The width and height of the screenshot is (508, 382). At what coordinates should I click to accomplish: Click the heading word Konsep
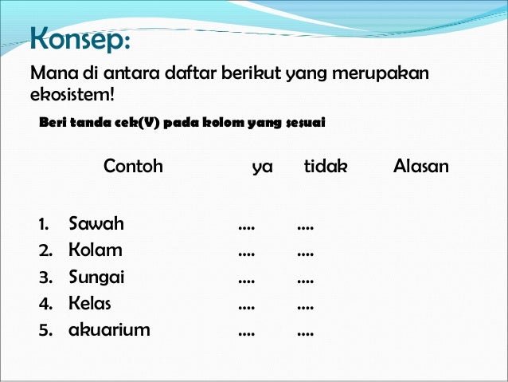coord(77,37)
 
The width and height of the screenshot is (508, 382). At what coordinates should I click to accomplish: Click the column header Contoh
coord(133,167)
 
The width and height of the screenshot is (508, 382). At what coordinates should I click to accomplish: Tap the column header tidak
coord(326,167)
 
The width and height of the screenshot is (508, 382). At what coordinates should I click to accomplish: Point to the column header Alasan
coord(420,167)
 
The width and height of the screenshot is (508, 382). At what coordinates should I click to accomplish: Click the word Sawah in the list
coord(96,223)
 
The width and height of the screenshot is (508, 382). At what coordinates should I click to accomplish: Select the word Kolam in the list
coord(96,250)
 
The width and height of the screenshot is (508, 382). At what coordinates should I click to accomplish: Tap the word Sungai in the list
coord(96,278)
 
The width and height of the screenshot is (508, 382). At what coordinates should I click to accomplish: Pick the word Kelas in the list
coord(90,304)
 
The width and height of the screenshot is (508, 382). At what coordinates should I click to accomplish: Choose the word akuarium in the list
coord(109,329)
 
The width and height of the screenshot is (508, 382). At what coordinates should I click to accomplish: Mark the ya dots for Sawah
coord(247,228)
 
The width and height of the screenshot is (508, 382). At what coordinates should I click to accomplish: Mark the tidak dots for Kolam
coord(305,255)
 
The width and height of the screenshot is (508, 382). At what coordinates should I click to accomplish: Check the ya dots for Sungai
coord(247,282)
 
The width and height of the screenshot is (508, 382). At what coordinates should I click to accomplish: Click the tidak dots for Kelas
coord(305,308)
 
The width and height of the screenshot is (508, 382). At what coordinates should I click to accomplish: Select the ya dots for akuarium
coord(247,333)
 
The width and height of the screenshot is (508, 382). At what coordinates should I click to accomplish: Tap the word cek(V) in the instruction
coord(121,123)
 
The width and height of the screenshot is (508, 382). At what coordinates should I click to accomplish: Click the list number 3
coord(45,278)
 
